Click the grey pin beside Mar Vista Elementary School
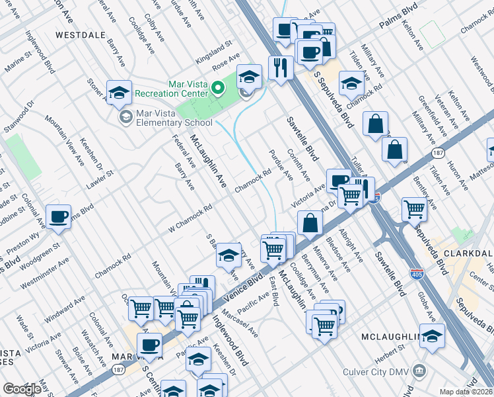pyautogui.click(x=125, y=117)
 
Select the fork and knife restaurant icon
pyautogui.click(x=281, y=68)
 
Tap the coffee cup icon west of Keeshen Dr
pyautogui.click(x=59, y=217)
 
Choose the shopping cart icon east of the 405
pyautogui.click(x=414, y=209)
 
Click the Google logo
pyautogui.click(x=22, y=389)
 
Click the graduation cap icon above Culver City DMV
pyautogui.click(x=432, y=337)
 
